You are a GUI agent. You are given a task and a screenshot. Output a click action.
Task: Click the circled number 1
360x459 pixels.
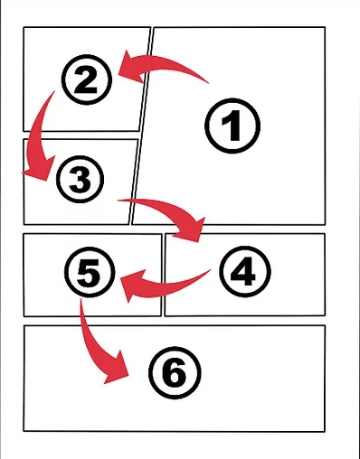(x=232, y=126)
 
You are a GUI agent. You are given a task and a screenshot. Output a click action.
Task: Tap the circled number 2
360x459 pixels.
(x=87, y=80)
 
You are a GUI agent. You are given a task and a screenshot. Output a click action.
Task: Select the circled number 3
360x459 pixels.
(x=81, y=179)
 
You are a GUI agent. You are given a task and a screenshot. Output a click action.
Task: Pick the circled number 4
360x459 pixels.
(x=245, y=272)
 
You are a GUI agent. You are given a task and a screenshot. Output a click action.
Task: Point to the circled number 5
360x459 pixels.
(x=90, y=272)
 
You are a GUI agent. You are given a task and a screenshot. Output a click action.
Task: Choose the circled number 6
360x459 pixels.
(x=175, y=372)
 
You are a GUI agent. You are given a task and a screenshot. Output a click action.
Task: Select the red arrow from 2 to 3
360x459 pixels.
(x=38, y=136)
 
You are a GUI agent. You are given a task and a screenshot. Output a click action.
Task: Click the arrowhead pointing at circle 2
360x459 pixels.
(x=131, y=67)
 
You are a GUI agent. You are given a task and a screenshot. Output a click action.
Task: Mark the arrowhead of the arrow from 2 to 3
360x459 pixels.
(x=39, y=169)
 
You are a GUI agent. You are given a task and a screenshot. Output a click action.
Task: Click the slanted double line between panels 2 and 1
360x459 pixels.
(x=141, y=126)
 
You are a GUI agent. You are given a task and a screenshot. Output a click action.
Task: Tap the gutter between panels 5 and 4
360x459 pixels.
(x=163, y=275)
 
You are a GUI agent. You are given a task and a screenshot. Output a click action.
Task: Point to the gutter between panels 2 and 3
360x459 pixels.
(x=81, y=136)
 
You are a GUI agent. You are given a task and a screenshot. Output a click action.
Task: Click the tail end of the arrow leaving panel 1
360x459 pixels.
(x=209, y=83)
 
